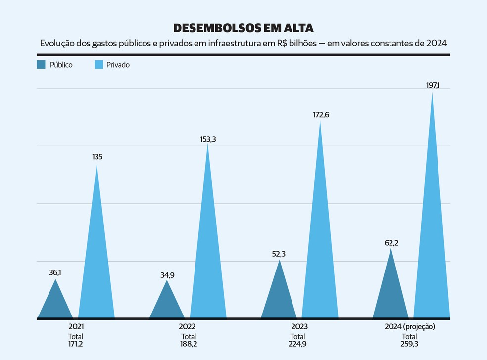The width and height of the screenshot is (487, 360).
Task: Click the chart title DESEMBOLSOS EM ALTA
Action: (243, 28)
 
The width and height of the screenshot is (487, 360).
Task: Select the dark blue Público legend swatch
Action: (41, 64)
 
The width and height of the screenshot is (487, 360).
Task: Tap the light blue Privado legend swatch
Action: (98, 64)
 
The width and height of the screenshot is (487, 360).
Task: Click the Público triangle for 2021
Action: (55, 304)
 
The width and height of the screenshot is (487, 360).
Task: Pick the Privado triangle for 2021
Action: (97, 267)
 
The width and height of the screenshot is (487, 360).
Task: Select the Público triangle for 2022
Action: (167, 305)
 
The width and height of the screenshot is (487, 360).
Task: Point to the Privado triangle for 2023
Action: (320, 247)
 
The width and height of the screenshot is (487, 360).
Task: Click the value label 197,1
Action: (433, 85)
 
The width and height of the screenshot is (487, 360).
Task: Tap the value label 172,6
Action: (321, 115)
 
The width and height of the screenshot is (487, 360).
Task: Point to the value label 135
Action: (97, 157)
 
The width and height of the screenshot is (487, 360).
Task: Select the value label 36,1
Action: (55, 272)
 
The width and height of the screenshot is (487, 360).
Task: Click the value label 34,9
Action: (167, 275)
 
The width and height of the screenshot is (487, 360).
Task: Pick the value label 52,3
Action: (279, 254)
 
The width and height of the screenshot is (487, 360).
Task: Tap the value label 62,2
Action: (390, 243)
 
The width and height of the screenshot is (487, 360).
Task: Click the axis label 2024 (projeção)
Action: (409, 327)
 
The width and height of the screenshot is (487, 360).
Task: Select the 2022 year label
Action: (187, 327)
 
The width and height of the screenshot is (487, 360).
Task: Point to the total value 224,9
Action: (297, 344)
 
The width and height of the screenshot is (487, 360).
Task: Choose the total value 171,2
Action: (76, 344)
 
